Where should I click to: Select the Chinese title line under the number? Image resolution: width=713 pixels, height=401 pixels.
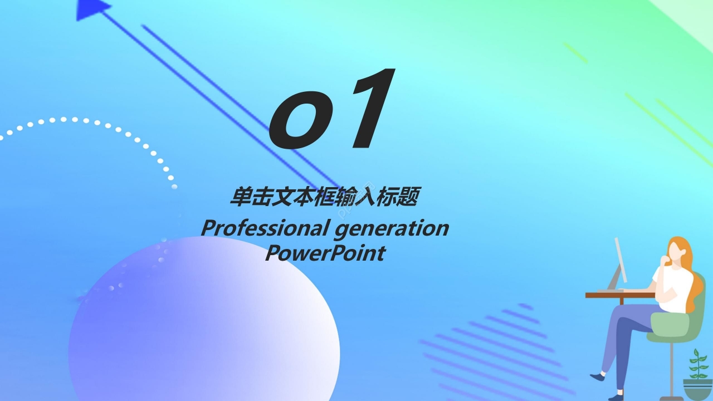[324, 197]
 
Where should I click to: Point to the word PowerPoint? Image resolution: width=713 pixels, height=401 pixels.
[324, 253]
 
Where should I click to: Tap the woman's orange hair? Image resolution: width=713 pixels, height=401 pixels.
[691, 273]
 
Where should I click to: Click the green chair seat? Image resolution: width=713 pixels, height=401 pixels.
[668, 329]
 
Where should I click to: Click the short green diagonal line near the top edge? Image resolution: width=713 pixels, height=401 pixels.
[575, 52]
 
